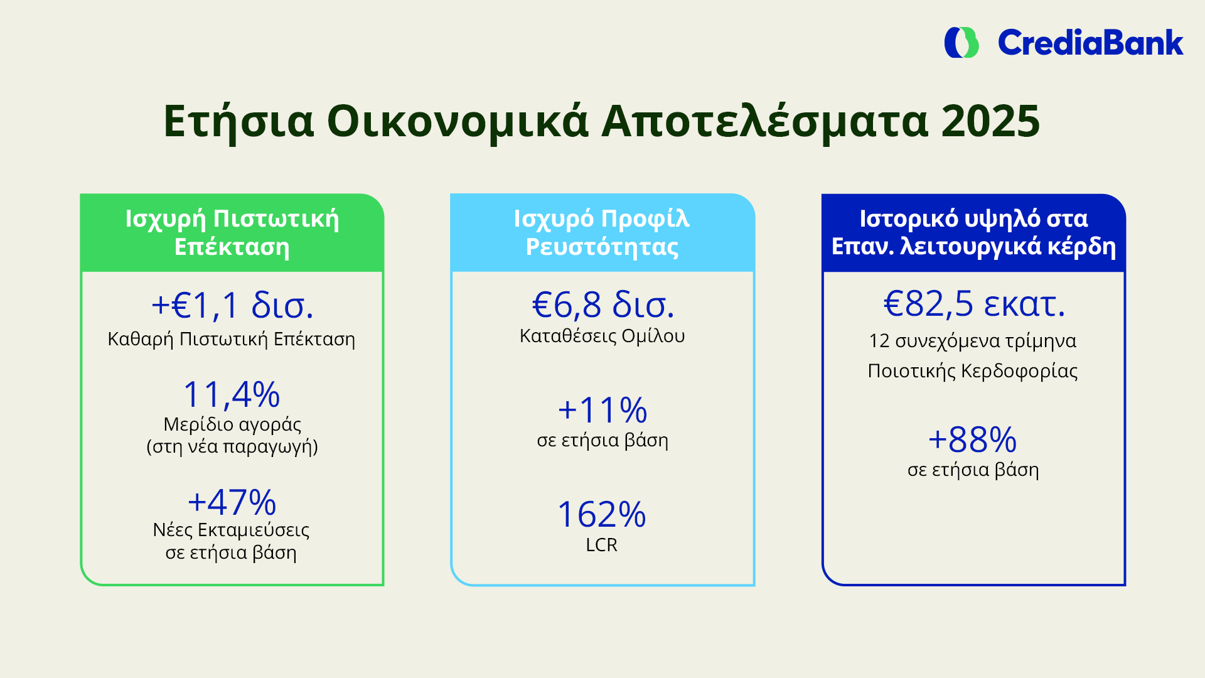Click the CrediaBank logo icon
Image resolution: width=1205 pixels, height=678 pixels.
pos(961,43)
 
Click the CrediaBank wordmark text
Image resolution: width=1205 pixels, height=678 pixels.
pos(1090,43)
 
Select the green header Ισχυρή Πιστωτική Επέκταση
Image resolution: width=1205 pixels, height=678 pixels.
pos(232,233)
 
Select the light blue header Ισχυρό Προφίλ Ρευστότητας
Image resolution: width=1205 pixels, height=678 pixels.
pos(602,233)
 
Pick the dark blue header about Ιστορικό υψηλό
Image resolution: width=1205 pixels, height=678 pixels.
pos(973,233)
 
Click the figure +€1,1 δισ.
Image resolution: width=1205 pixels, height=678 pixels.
pos(232,306)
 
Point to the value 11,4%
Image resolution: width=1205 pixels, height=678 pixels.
pos(232,395)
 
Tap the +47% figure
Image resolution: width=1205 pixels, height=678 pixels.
pos(232,502)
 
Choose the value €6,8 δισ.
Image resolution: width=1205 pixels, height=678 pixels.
pos(602,305)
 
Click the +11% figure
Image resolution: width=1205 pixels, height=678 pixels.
pos(602,410)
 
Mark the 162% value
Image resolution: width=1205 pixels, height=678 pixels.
pos(602,515)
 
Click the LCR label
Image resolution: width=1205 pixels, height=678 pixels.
pos(602,545)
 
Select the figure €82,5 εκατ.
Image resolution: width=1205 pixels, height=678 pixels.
pos(974,304)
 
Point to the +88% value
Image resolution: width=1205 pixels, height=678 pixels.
pos(973,439)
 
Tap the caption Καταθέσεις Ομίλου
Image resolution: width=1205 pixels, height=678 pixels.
pos(602,336)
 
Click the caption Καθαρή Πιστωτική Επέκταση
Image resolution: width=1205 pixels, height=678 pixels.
pos(232,340)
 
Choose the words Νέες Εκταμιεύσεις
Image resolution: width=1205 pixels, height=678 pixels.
pos(232,530)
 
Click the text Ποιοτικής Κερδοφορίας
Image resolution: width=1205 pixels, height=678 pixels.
pos(973,371)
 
